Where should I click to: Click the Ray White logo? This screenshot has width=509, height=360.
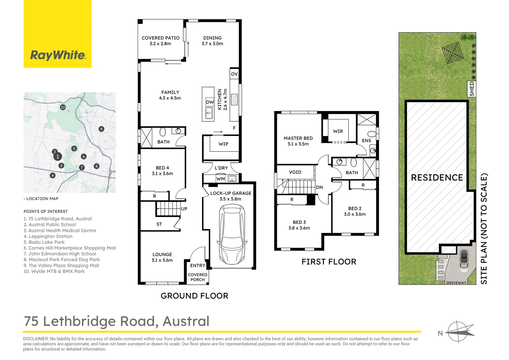(x=58, y=55)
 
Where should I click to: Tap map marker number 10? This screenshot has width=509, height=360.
(x=63, y=107)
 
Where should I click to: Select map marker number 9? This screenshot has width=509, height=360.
(x=102, y=129)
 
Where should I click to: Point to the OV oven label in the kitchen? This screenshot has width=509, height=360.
(x=234, y=74)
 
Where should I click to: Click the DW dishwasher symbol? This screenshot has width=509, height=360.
(x=210, y=102)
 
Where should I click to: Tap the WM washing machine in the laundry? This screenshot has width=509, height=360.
(x=221, y=179)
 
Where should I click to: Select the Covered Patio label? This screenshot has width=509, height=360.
(x=161, y=38)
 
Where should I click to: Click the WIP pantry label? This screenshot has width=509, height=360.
(x=224, y=144)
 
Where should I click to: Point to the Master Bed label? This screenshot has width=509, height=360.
(x=298, y=138)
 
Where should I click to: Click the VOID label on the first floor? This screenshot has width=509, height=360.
(x=295, y=172)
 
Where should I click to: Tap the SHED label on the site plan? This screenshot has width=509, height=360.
(x=472, y=89)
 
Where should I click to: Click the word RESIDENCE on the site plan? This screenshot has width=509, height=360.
(x=437, y=178)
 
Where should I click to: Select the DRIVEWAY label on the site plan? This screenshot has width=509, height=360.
(x=456, y=283)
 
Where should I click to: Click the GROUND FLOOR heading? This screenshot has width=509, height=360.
(x=194, y=296)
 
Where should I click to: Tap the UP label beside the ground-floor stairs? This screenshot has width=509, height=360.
(x=184, y=209)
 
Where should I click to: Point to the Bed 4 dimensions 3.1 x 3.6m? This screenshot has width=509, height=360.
(x=162, y=174)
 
